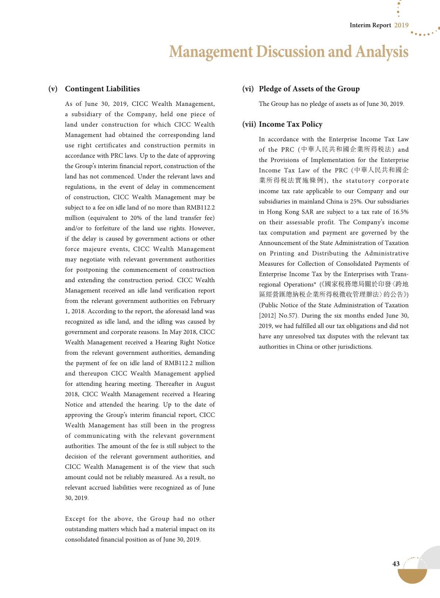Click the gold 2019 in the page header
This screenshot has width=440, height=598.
pyautogui.click(x=401, y=25)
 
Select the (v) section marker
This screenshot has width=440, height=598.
pyautogui.click(x=53, y=89)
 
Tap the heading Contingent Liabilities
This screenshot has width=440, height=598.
pyautogui.click(x=102, y=89)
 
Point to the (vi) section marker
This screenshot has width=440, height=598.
pyautogui.click(x=248, y=89)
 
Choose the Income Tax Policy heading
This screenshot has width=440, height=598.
pyautogui.click(x=291, y=124)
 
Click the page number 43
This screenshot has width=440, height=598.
pyautogui.click(x=396, y=564)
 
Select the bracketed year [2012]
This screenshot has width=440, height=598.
pyautogui.click(x=267, y=316)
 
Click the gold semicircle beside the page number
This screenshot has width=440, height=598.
pyautogui.click(x=412, y=576)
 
